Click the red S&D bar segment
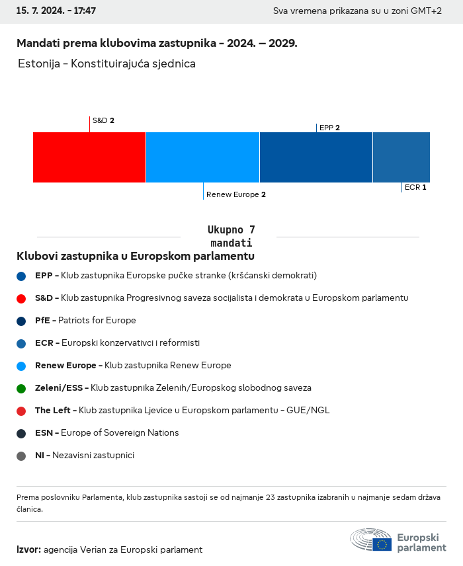point(89,157)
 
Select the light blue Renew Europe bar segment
point(202,157)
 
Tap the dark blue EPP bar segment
point(316,157)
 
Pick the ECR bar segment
point(401,157)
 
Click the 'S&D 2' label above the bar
point(103,120)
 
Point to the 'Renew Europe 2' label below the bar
point(236,194)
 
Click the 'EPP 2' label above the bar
point(329,128)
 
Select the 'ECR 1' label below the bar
point(415,187)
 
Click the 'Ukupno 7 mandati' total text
point(231,236)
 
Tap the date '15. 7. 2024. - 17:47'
point(56,11)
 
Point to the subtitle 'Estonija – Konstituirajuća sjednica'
point(107,64)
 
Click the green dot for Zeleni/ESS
point(21,388)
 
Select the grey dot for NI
point(21,456)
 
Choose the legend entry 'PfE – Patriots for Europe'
point(85,321)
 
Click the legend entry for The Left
point(182,411)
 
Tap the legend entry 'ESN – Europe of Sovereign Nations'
point(106,433)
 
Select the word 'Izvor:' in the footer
point(29,549)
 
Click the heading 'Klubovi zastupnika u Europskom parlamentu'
point(136,256)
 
